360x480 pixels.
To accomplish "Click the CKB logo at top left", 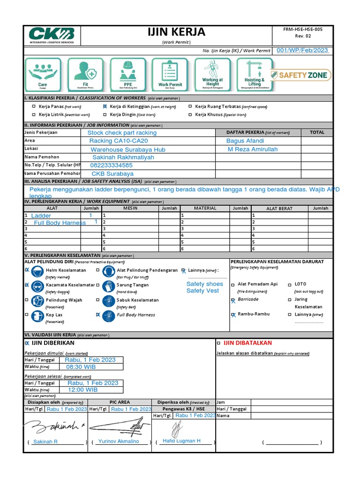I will tap(51, 35).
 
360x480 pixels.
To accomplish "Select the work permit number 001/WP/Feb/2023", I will tap(302, 51).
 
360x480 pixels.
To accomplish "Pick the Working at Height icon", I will tap(212, 75).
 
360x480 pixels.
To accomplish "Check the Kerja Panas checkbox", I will tap(34, 107).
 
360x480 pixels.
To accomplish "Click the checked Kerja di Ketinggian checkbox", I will tap(105, 107).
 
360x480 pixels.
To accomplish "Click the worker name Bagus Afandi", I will tap(245, 141).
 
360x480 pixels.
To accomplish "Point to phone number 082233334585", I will tap(112, 165).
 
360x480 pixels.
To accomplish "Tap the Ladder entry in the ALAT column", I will tap(41, 216).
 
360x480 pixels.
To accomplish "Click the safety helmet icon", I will tap(38, 272).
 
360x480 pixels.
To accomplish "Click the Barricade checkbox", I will tap(233, 300).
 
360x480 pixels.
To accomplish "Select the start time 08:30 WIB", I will tap(81, 367).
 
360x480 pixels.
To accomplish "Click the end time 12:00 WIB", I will tap(82, 390).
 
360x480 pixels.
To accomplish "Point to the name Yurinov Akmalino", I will tap(119, 442).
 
